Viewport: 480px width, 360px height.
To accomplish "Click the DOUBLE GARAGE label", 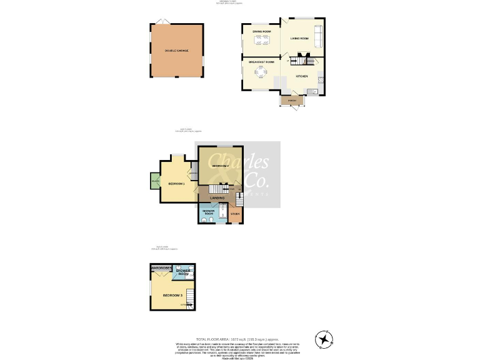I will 176,51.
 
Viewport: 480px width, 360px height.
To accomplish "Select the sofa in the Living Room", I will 317,37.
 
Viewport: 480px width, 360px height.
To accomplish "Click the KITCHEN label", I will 302,76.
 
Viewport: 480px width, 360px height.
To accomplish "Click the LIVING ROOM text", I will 299,39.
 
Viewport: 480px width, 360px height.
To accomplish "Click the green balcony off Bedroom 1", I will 154,181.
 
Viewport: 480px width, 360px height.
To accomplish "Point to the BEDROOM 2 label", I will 220,166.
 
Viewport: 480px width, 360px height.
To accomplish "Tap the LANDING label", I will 217,198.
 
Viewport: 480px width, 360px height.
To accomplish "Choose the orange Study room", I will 236,214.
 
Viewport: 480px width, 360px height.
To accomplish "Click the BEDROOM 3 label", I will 172,294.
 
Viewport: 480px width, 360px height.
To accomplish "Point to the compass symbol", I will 325,339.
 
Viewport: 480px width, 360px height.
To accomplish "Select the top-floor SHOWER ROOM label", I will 183,272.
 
